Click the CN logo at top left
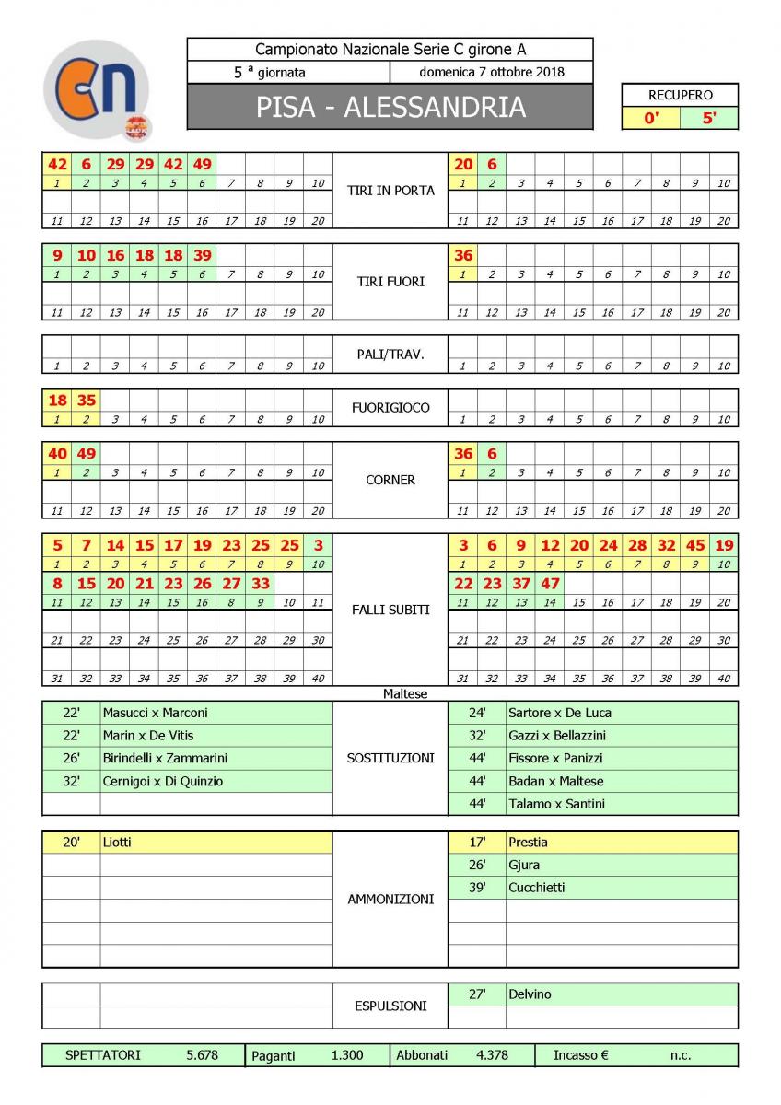97,88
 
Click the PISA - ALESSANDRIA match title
390,107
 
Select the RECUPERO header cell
680,95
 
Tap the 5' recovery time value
708,118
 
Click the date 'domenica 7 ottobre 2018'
492,72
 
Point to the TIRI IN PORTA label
390,191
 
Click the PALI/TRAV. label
390,354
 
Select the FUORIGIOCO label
390,407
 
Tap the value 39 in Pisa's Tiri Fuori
202,255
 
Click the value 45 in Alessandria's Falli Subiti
694,545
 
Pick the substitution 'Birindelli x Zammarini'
165,758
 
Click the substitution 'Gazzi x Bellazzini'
557,735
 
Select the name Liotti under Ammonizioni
117,842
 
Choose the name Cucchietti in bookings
537,888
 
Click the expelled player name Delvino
530,994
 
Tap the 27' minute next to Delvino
476,994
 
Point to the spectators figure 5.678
202,1055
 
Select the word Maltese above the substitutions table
405,693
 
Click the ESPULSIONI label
390,1006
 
